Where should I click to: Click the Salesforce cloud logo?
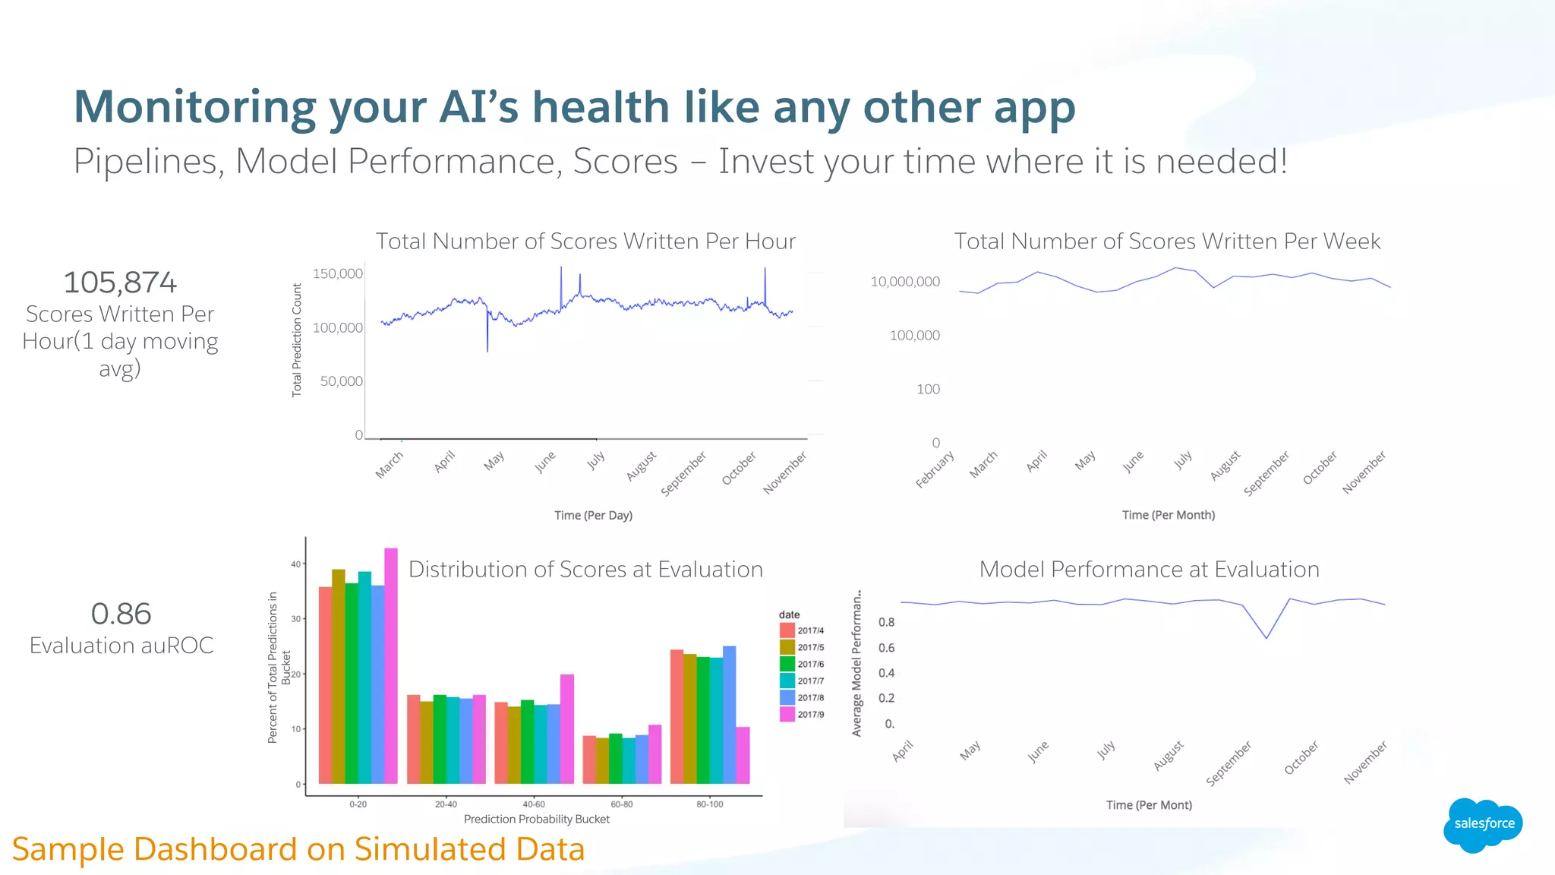[1483, 824]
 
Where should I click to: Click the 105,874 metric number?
[120, 283]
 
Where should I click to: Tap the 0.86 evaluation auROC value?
[121, 614]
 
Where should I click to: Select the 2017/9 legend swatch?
[787, 714]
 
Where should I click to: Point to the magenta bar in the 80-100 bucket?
[743, 755]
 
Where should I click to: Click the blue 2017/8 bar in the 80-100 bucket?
[729, 714]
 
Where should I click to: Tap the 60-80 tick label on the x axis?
[621, 804]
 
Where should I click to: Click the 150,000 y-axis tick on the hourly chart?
[338, 273]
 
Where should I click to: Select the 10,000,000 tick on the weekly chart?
[905, 282]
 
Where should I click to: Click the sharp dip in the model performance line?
[1266, 637]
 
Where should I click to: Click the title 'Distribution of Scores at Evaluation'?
[585, 569]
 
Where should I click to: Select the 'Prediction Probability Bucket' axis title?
[536, 819]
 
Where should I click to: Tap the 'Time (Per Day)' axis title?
[593, 515]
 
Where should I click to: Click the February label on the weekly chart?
[935, 469]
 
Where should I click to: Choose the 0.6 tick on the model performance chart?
[886, 648]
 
